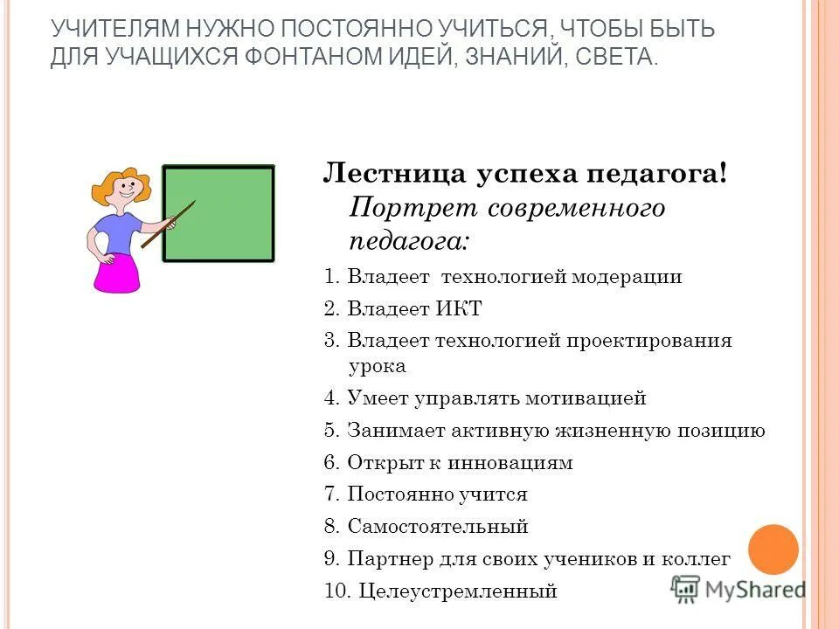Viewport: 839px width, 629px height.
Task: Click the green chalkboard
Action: [218, 213]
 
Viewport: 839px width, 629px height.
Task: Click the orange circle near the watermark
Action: [773, 550]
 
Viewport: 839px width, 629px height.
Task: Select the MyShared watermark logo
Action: [739, 590]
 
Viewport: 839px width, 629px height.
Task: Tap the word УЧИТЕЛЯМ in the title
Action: [106, 29]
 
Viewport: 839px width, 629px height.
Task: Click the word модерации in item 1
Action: [626, 277]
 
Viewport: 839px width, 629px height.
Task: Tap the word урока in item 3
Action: [377, 366]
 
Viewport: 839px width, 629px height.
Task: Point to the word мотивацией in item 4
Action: [586, 398]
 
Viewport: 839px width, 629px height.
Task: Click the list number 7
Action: [330, 494]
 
